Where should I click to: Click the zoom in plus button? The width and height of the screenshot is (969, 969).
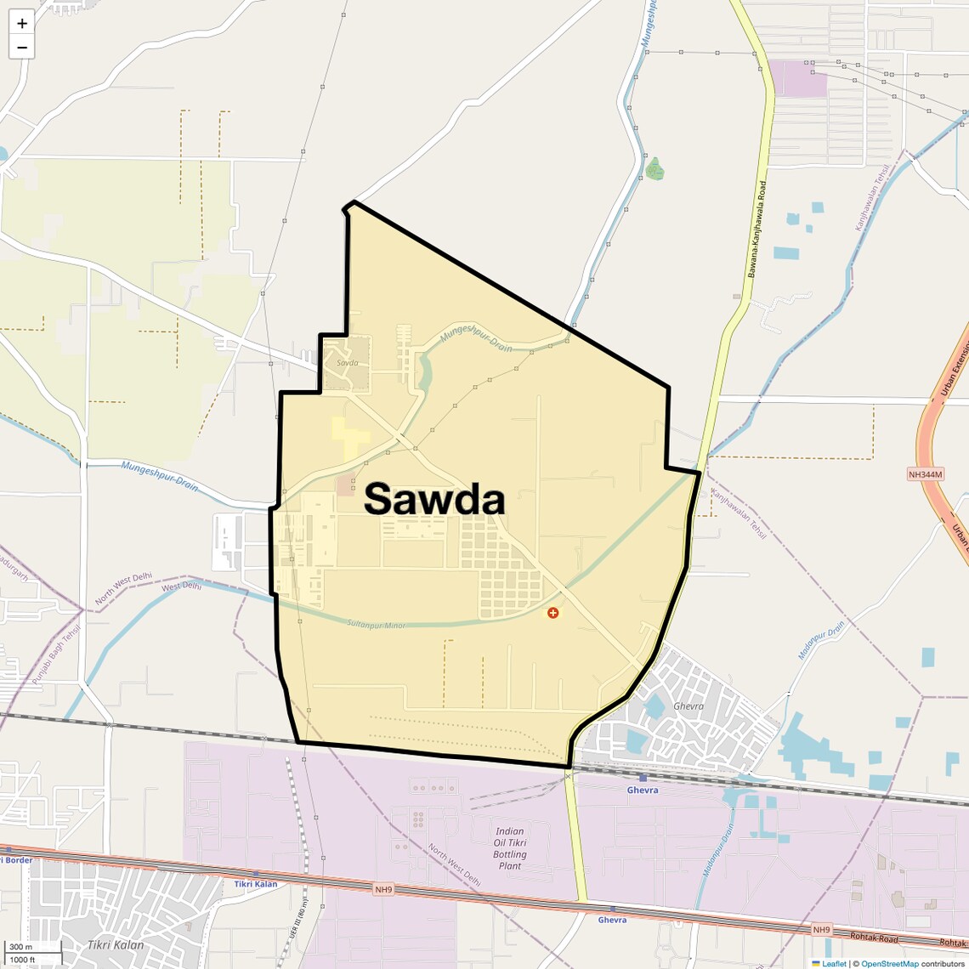22,24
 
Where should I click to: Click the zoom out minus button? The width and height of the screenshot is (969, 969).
22,48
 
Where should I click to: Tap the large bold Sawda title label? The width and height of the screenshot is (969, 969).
434,499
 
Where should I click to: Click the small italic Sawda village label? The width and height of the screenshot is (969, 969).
347,363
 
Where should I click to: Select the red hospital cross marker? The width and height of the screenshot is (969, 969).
553,613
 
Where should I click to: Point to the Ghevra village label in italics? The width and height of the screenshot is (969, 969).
688,706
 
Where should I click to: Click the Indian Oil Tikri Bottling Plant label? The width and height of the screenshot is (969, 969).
510,848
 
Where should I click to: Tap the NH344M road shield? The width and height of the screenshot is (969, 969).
926,474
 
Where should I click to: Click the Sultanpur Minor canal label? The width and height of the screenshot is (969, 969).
376,625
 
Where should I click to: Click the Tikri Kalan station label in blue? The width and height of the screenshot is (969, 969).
256,884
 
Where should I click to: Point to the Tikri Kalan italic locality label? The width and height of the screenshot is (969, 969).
116,945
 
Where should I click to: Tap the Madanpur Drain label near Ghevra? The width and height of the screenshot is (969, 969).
821,640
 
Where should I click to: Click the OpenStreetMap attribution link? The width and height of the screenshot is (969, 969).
889,964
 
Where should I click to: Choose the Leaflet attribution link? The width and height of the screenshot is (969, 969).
834,964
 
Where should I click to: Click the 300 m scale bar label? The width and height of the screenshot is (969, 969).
20,947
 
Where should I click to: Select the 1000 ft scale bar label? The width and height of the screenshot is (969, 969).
22,960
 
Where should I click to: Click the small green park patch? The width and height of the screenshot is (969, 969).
654,168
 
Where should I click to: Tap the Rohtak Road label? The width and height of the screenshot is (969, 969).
873,939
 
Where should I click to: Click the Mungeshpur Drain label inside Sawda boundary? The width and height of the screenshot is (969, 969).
476,334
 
